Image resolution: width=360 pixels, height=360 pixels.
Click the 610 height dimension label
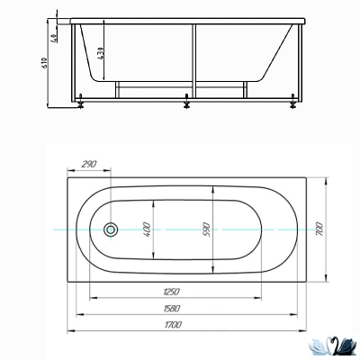pos(46,62)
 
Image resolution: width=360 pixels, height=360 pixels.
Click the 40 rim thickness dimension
pos(54,38)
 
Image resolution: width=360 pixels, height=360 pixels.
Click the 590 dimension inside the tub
pos(206,229)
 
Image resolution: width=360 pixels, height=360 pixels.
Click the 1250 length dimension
pos(173,292)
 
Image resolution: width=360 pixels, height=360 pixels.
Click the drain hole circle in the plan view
pos(112,229)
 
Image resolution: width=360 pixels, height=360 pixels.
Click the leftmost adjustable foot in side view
pos(82,103)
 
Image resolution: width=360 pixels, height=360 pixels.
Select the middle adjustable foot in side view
pos(185,102)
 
